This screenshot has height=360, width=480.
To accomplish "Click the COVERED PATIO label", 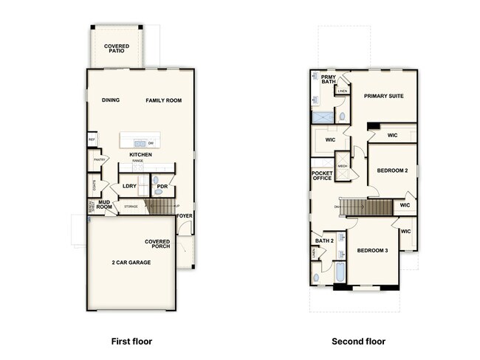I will tap(116, 49).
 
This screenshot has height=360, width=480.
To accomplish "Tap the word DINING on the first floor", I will tap(111, 100).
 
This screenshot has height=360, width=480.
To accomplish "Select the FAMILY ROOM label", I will tap(163, 100).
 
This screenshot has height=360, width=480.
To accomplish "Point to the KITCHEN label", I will tap(140, 154).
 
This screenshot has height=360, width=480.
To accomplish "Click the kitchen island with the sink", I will tap(140, 141).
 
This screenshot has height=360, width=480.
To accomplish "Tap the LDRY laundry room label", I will tap(129, 186).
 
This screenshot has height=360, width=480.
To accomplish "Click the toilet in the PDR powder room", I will tap(156, 190).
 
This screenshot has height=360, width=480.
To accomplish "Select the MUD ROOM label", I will tap(103, 204).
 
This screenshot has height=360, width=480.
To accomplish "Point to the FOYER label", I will tap(184, 216).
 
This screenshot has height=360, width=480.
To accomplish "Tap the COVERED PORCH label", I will tap(157, 243).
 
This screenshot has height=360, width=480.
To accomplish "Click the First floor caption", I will tap(131, 342).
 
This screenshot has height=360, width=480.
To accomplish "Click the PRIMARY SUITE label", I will tap(383, 96).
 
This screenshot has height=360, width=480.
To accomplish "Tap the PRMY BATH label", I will tap(328, 79).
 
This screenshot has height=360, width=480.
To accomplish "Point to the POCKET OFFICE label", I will tap(322, 176).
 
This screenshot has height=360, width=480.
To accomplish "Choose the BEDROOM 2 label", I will tap(392, 170).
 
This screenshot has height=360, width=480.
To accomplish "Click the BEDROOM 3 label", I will tap(372, 251).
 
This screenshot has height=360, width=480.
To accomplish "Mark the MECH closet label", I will tap(343, 166).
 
